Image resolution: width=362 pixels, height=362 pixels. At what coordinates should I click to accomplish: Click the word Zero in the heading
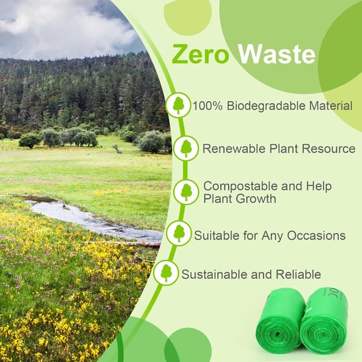pyautogui.click(x=202, y=55)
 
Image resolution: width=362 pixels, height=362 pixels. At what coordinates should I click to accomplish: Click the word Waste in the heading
pyautogui.click(x=277, y=55)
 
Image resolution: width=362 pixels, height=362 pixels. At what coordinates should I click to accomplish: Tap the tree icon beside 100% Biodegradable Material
pyautogui.click(x=179, y=105)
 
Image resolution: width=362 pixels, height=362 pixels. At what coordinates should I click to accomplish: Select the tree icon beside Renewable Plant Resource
pyautogui.click(x=186, y=149)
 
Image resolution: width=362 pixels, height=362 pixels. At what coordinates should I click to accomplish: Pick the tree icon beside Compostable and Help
pyautogui.click(x=186, y=192)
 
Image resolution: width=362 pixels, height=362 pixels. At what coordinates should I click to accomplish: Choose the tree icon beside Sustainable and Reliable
pyautogui.click(x=166, y=273)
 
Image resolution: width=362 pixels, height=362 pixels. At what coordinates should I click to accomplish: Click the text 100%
pyautogui.click(x=208, y=106)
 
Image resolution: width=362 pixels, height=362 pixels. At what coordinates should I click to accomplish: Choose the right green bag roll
pyautogui.click(x=325, y=318)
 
